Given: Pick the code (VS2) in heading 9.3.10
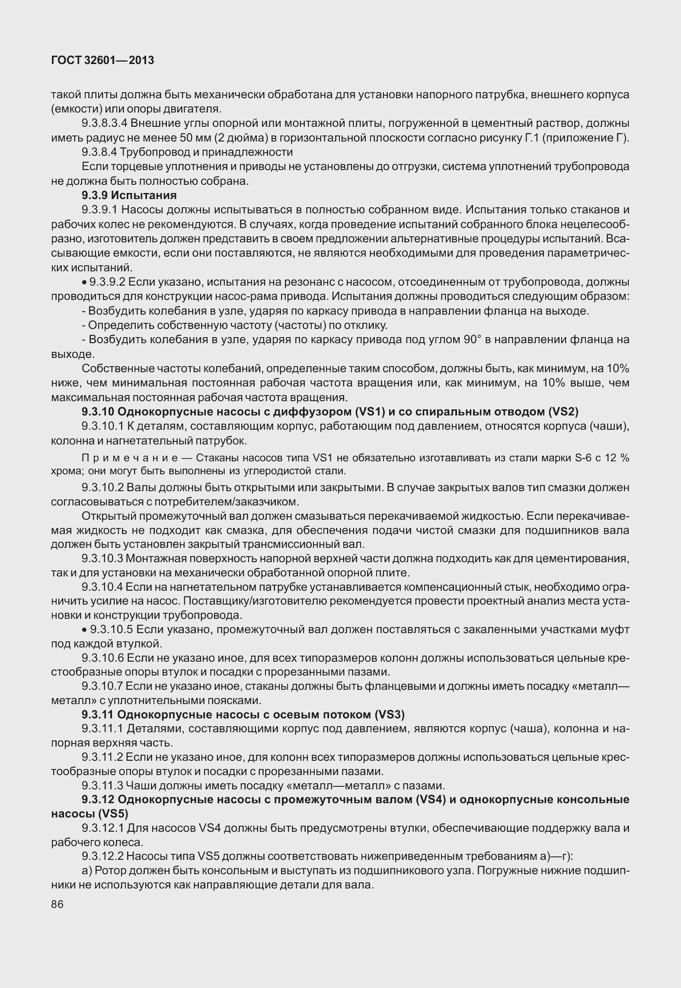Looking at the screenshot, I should pos(563,412).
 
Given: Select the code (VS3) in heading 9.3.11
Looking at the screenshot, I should pos(389,714).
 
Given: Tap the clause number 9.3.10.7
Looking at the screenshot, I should pos(102,686).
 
